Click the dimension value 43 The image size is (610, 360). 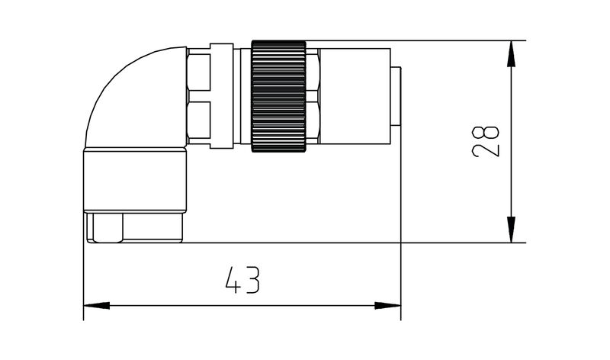pos(243,281)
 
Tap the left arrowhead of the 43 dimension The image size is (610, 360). pos(93,305)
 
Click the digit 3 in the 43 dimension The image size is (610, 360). pos(254,281)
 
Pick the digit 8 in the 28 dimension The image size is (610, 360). pos(486,128)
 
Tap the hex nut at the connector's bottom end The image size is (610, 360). pos(134,228)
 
